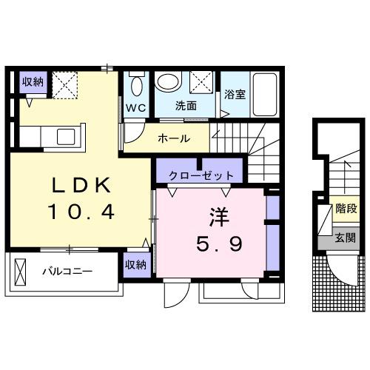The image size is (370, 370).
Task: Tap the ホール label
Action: pos(175,138)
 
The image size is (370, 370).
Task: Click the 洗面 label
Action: pos(186,106)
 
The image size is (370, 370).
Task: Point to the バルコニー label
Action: pos(67,272)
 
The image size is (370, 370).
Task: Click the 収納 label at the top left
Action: pos(32,82)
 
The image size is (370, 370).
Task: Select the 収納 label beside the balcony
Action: pos(135,264)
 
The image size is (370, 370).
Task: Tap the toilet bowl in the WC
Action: pos(136,86)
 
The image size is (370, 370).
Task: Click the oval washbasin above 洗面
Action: pos(169,82)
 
